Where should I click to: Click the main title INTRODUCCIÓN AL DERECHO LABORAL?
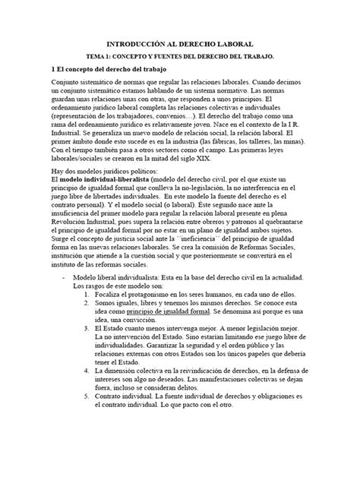pos(179,45)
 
